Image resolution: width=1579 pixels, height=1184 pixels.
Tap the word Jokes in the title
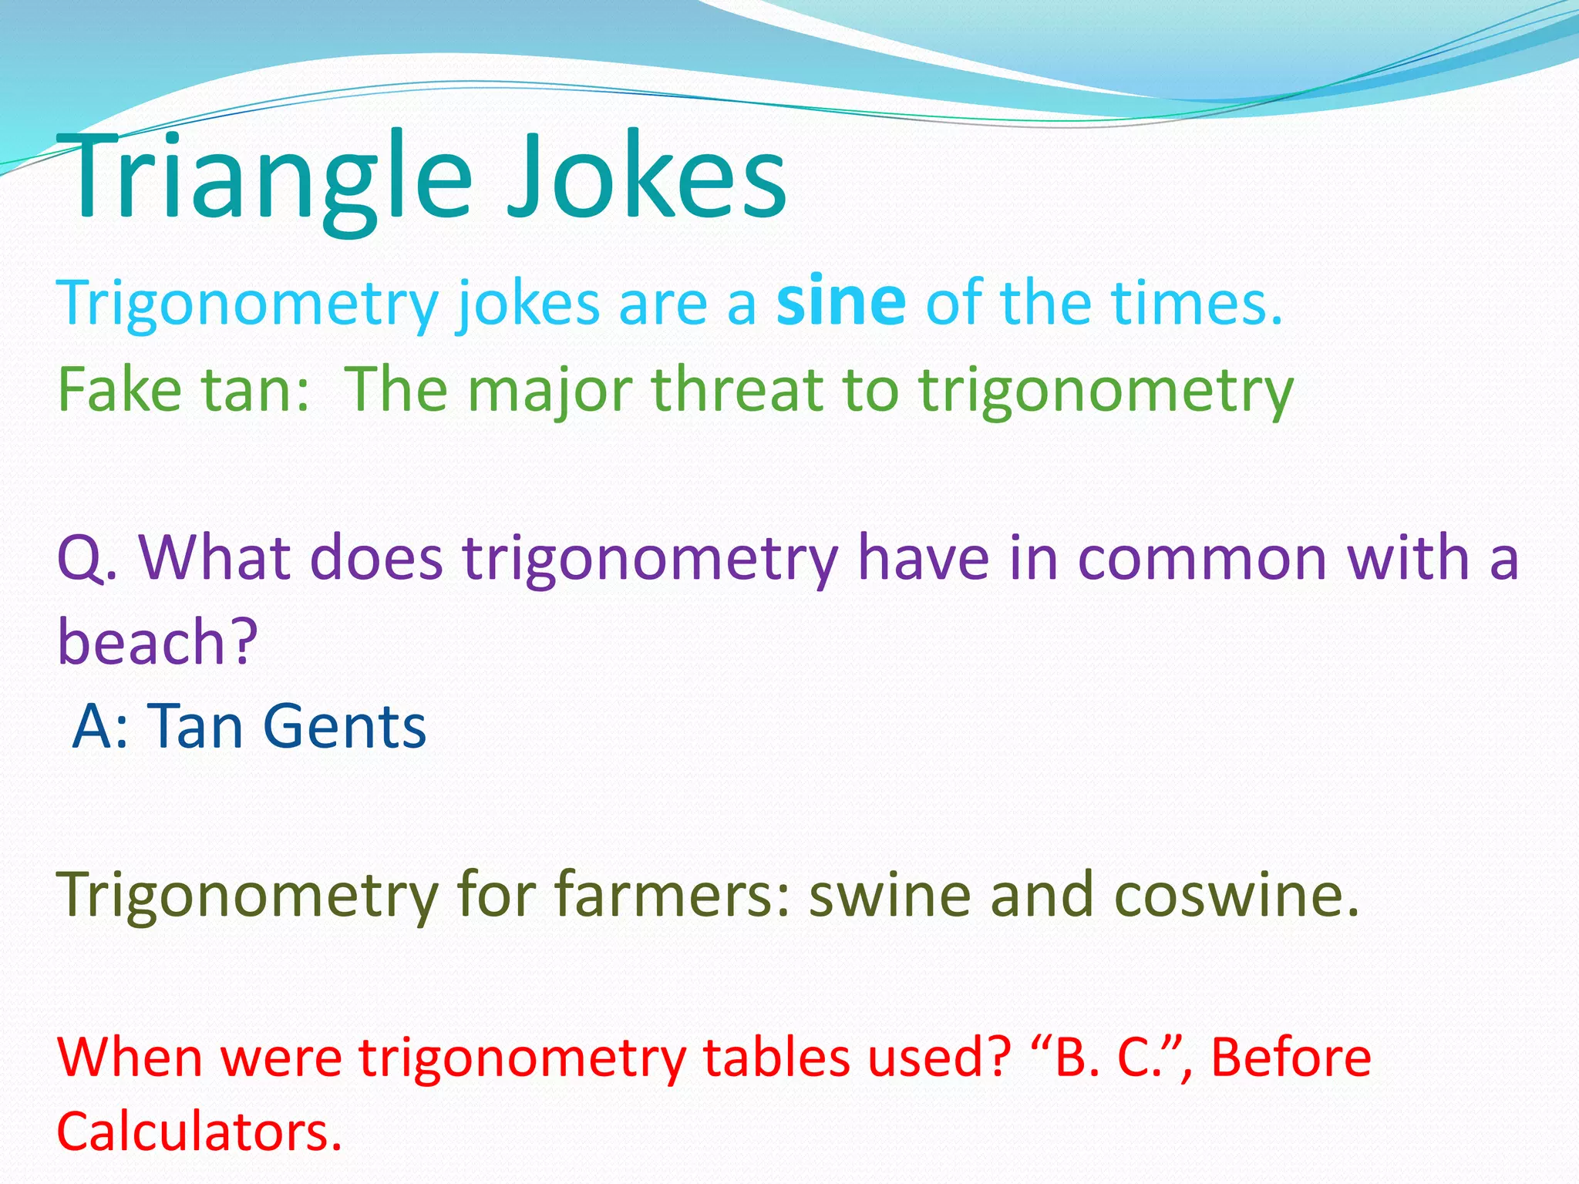[x=646, y=179]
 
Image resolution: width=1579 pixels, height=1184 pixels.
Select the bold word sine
[x=840, y=302]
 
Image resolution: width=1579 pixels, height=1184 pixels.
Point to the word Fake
[x=120, y=389]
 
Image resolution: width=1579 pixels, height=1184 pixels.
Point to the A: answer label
[x=100, y=726]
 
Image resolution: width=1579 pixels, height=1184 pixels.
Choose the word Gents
[x=344, y=726]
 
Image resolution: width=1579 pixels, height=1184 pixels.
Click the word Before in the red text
[x=1291, y=1057]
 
